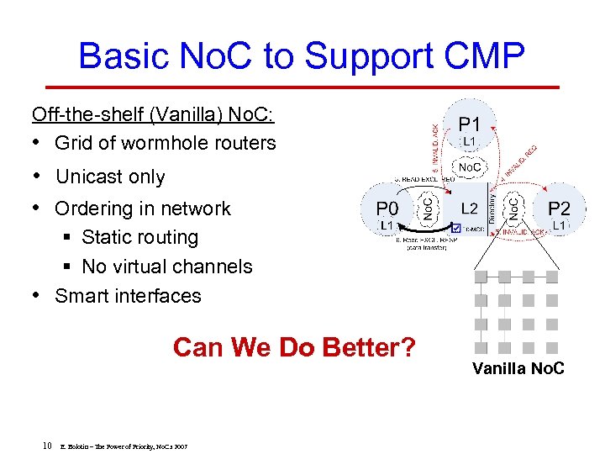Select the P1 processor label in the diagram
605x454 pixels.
[x=470, y=124]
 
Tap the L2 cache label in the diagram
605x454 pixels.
[x=471, y=207]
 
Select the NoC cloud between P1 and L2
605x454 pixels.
[x=470, y=167]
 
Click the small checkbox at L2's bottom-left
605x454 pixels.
[x=455, y=228]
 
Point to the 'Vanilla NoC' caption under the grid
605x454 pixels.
[x=518, y=368]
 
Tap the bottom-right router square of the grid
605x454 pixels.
[x=552, y=347]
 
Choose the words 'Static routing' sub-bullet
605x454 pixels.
[x=139, y=238]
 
